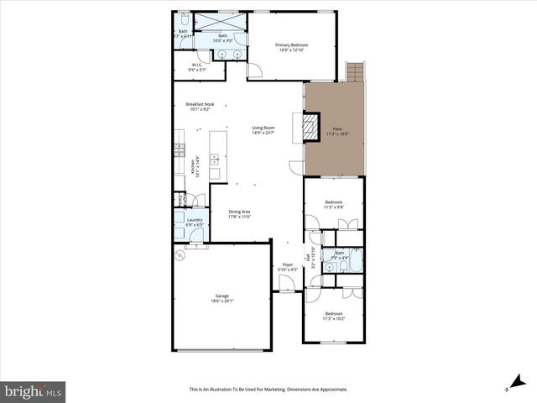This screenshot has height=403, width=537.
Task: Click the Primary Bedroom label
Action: pyautogui.click(x=292, y=44)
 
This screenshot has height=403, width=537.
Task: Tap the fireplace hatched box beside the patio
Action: pyautogui.click(x=310, y=127)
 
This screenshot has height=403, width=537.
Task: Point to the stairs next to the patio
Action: pyautogui.click(x=357, y=72)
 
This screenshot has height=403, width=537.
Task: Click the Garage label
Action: pyautogui.click(x=222, y=296)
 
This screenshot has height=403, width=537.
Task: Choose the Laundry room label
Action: pyautogui.click(x=194, y=220)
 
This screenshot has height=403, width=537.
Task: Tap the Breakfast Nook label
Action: pyautogui.click(x=200, y=104)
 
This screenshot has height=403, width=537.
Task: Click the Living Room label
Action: pyautogui.click(x=263, y=128)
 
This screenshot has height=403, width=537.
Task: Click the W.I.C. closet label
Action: pyautogui.click(x=198, y=65)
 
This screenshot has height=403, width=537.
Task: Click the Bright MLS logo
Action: pyautogui.click(x=34, y=391)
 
